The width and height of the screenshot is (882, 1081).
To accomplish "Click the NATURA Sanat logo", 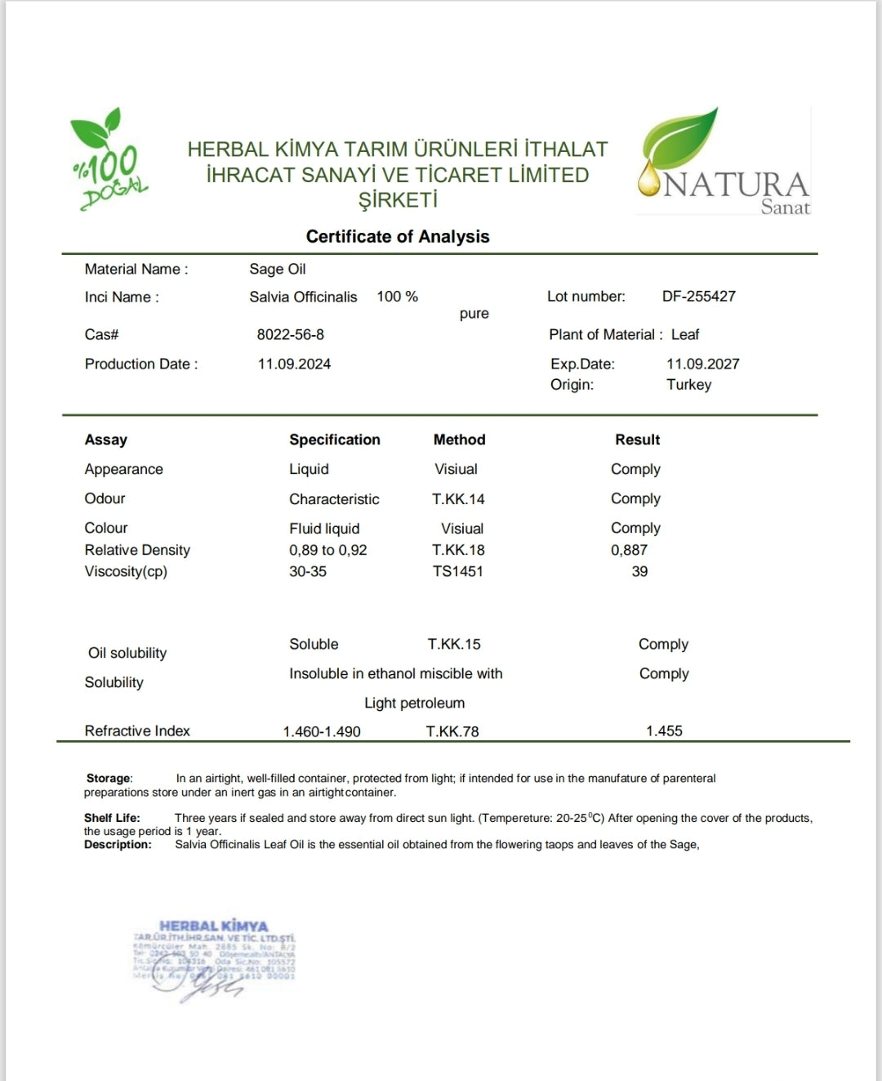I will (x=724, y=164).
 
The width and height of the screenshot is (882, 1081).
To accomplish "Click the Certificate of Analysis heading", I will (x=398, y=237).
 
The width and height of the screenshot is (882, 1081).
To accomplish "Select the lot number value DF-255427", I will (x=698, y=297).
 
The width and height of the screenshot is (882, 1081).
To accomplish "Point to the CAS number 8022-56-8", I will (x=290, y=335).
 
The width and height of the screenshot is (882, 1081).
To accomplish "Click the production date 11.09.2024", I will (x=294, y=364).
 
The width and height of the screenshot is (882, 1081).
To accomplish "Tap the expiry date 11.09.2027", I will (x=702, y=364).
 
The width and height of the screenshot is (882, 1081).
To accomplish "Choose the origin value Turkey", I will (x=688, y=385).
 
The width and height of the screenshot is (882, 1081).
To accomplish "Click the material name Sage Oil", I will (x=278, y=270).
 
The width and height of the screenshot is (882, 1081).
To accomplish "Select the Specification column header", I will (x=334, y=440).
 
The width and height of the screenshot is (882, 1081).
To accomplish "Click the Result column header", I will (x=637, y=440).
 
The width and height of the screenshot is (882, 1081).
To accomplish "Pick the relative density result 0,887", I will (x=629, y=551).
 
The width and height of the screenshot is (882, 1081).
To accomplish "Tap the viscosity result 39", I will (x=639, y=572).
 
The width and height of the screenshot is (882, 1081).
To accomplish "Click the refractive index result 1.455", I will (x=664, y=731).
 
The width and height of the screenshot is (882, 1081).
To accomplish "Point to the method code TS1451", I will (x=457, y=572).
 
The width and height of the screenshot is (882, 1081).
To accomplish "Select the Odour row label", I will (x=105, y=498).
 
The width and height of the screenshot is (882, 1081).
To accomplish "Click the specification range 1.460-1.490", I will (x=322, y=732).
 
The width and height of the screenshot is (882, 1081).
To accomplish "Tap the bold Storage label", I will (x=109, y=779).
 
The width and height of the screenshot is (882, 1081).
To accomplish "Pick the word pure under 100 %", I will (x=474, y=314).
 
